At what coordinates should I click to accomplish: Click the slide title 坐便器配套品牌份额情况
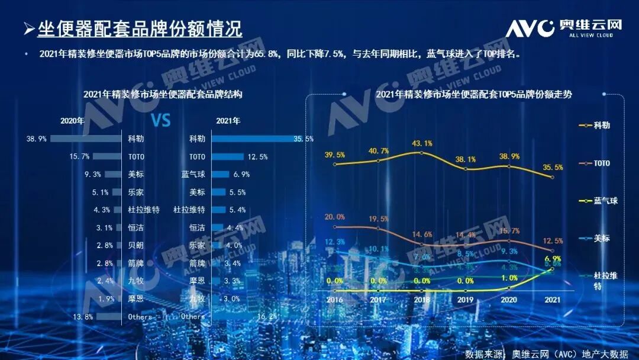click(140, 28)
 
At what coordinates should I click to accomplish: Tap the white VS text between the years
click(161, 121)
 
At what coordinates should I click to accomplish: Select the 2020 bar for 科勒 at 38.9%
click(86, 139)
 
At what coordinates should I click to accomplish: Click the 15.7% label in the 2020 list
click(79, 156)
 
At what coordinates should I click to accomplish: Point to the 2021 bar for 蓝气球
click(221, 174)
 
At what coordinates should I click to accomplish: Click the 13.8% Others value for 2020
click(82, 317)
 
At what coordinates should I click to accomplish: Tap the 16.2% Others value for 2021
click(267, 317)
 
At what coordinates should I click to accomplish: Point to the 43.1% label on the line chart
click(421, 143)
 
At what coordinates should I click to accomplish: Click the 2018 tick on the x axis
click(421, 300)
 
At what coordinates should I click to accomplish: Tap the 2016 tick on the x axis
click(335, 300)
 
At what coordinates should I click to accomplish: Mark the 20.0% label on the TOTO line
click(335, 217)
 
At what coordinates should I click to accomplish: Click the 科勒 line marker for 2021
click(553, 177)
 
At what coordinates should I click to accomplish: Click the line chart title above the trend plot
click(466, 94)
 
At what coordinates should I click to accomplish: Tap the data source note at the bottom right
click(546, 353)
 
